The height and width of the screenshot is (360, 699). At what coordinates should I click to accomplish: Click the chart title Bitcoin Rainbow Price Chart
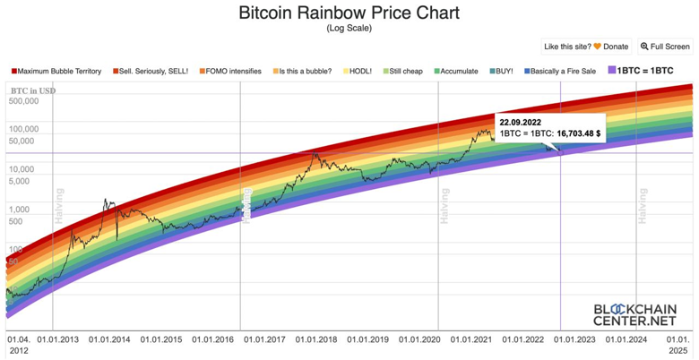pyautogui.click(x=349, y=13)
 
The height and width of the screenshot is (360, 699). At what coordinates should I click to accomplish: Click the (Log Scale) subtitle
pyautogui.click(x=349, y=28)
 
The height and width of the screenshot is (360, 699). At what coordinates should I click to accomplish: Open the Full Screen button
pyautogui.click(x=665, y=47)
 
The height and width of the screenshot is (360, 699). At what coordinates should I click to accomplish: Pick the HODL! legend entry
pyautogui.click(x=357, y=71)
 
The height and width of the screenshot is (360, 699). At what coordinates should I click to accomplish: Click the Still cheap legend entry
pyautogui.click(x=402, y=71)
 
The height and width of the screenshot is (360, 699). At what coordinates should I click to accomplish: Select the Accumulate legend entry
pyautogui.click(x=455, y=71)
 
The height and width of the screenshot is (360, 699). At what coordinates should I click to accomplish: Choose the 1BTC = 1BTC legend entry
pyautogui.click(x=641, y=71)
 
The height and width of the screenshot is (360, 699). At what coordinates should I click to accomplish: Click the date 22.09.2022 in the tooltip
pyautogui.click(x=521, y=121)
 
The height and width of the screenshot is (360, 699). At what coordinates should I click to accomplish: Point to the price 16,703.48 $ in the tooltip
pyautogui.click(x=579, y=133)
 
